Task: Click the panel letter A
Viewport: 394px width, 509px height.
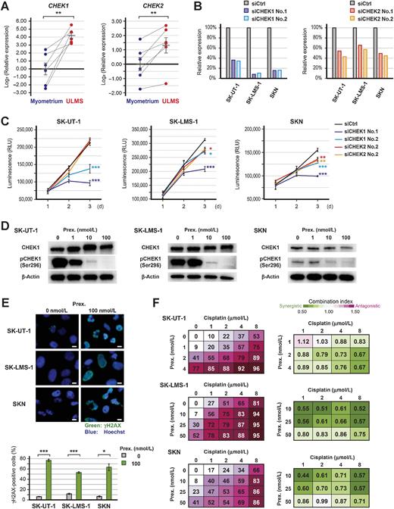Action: (5, 6)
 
